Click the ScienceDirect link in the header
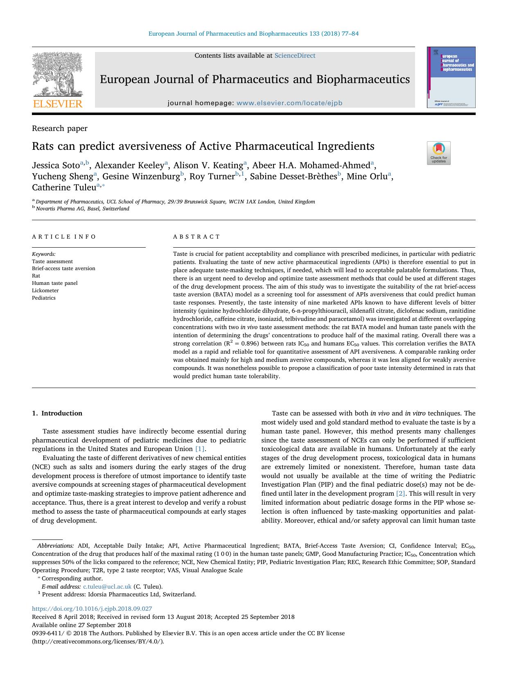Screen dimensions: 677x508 (295, 56)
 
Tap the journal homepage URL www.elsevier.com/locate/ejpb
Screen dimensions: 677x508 (289, 103)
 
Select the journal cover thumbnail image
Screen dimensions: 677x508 (451, 77)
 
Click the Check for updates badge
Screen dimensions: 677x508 (438, 153)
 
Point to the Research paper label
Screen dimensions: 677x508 (60, 129)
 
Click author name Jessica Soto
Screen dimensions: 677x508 (56, 165)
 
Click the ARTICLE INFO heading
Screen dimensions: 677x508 (64, 237)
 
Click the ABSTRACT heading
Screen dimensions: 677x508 (196, 237)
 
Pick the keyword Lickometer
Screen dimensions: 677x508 (45, 290)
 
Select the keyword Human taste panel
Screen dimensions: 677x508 (55, 283)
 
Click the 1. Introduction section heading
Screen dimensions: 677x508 (57, 413)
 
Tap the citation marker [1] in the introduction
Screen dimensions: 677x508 (199, 449)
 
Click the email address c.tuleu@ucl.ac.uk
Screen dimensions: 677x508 (107, 587)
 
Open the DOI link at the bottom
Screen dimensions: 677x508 (92, 609)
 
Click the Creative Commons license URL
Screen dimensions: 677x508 (98, 641)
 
